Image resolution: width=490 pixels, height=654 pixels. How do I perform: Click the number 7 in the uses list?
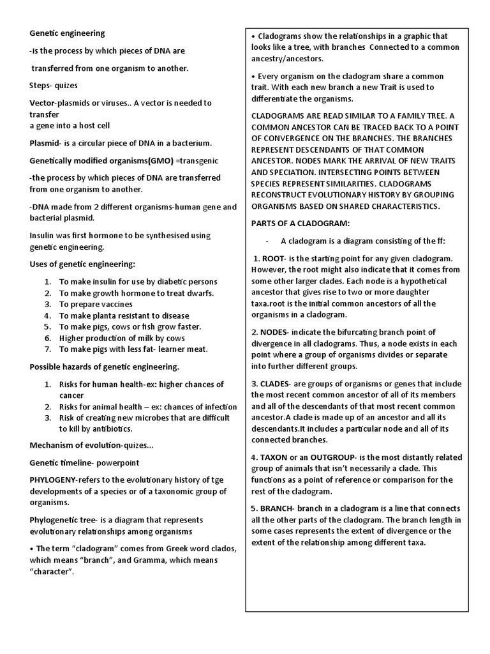[48, 349]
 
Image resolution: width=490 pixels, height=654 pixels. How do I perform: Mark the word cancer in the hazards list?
[72, 395]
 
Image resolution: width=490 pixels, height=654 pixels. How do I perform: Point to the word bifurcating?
[362, 332]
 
